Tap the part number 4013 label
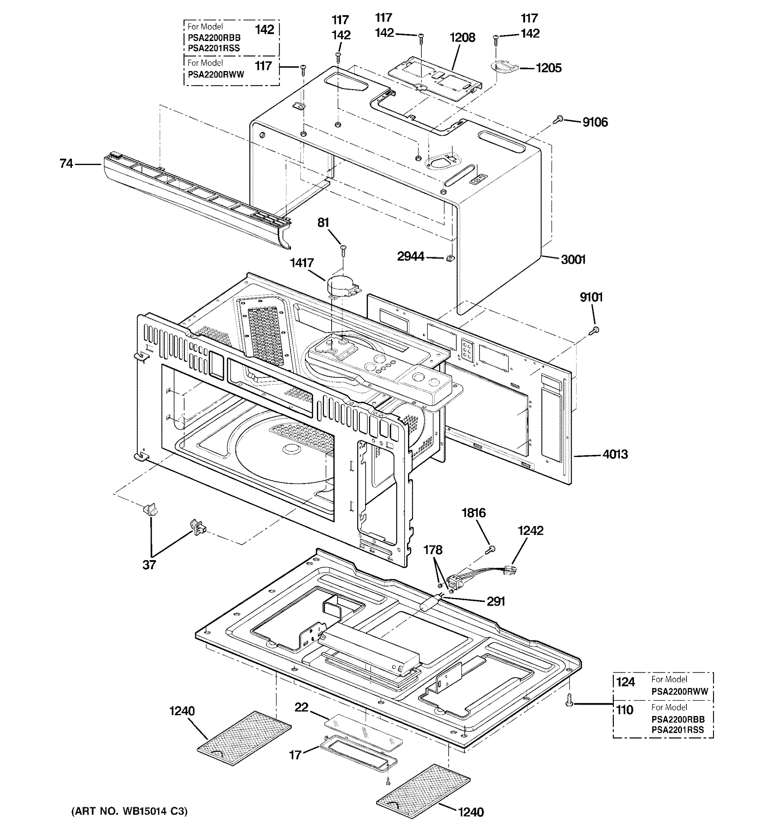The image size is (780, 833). [615, 454]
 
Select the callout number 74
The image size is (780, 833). [66, 163]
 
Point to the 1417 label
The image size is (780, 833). [301, 263]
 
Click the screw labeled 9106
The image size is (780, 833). [557, 120]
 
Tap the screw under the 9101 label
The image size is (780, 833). [594, 331]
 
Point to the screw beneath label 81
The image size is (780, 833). [344, 250]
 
